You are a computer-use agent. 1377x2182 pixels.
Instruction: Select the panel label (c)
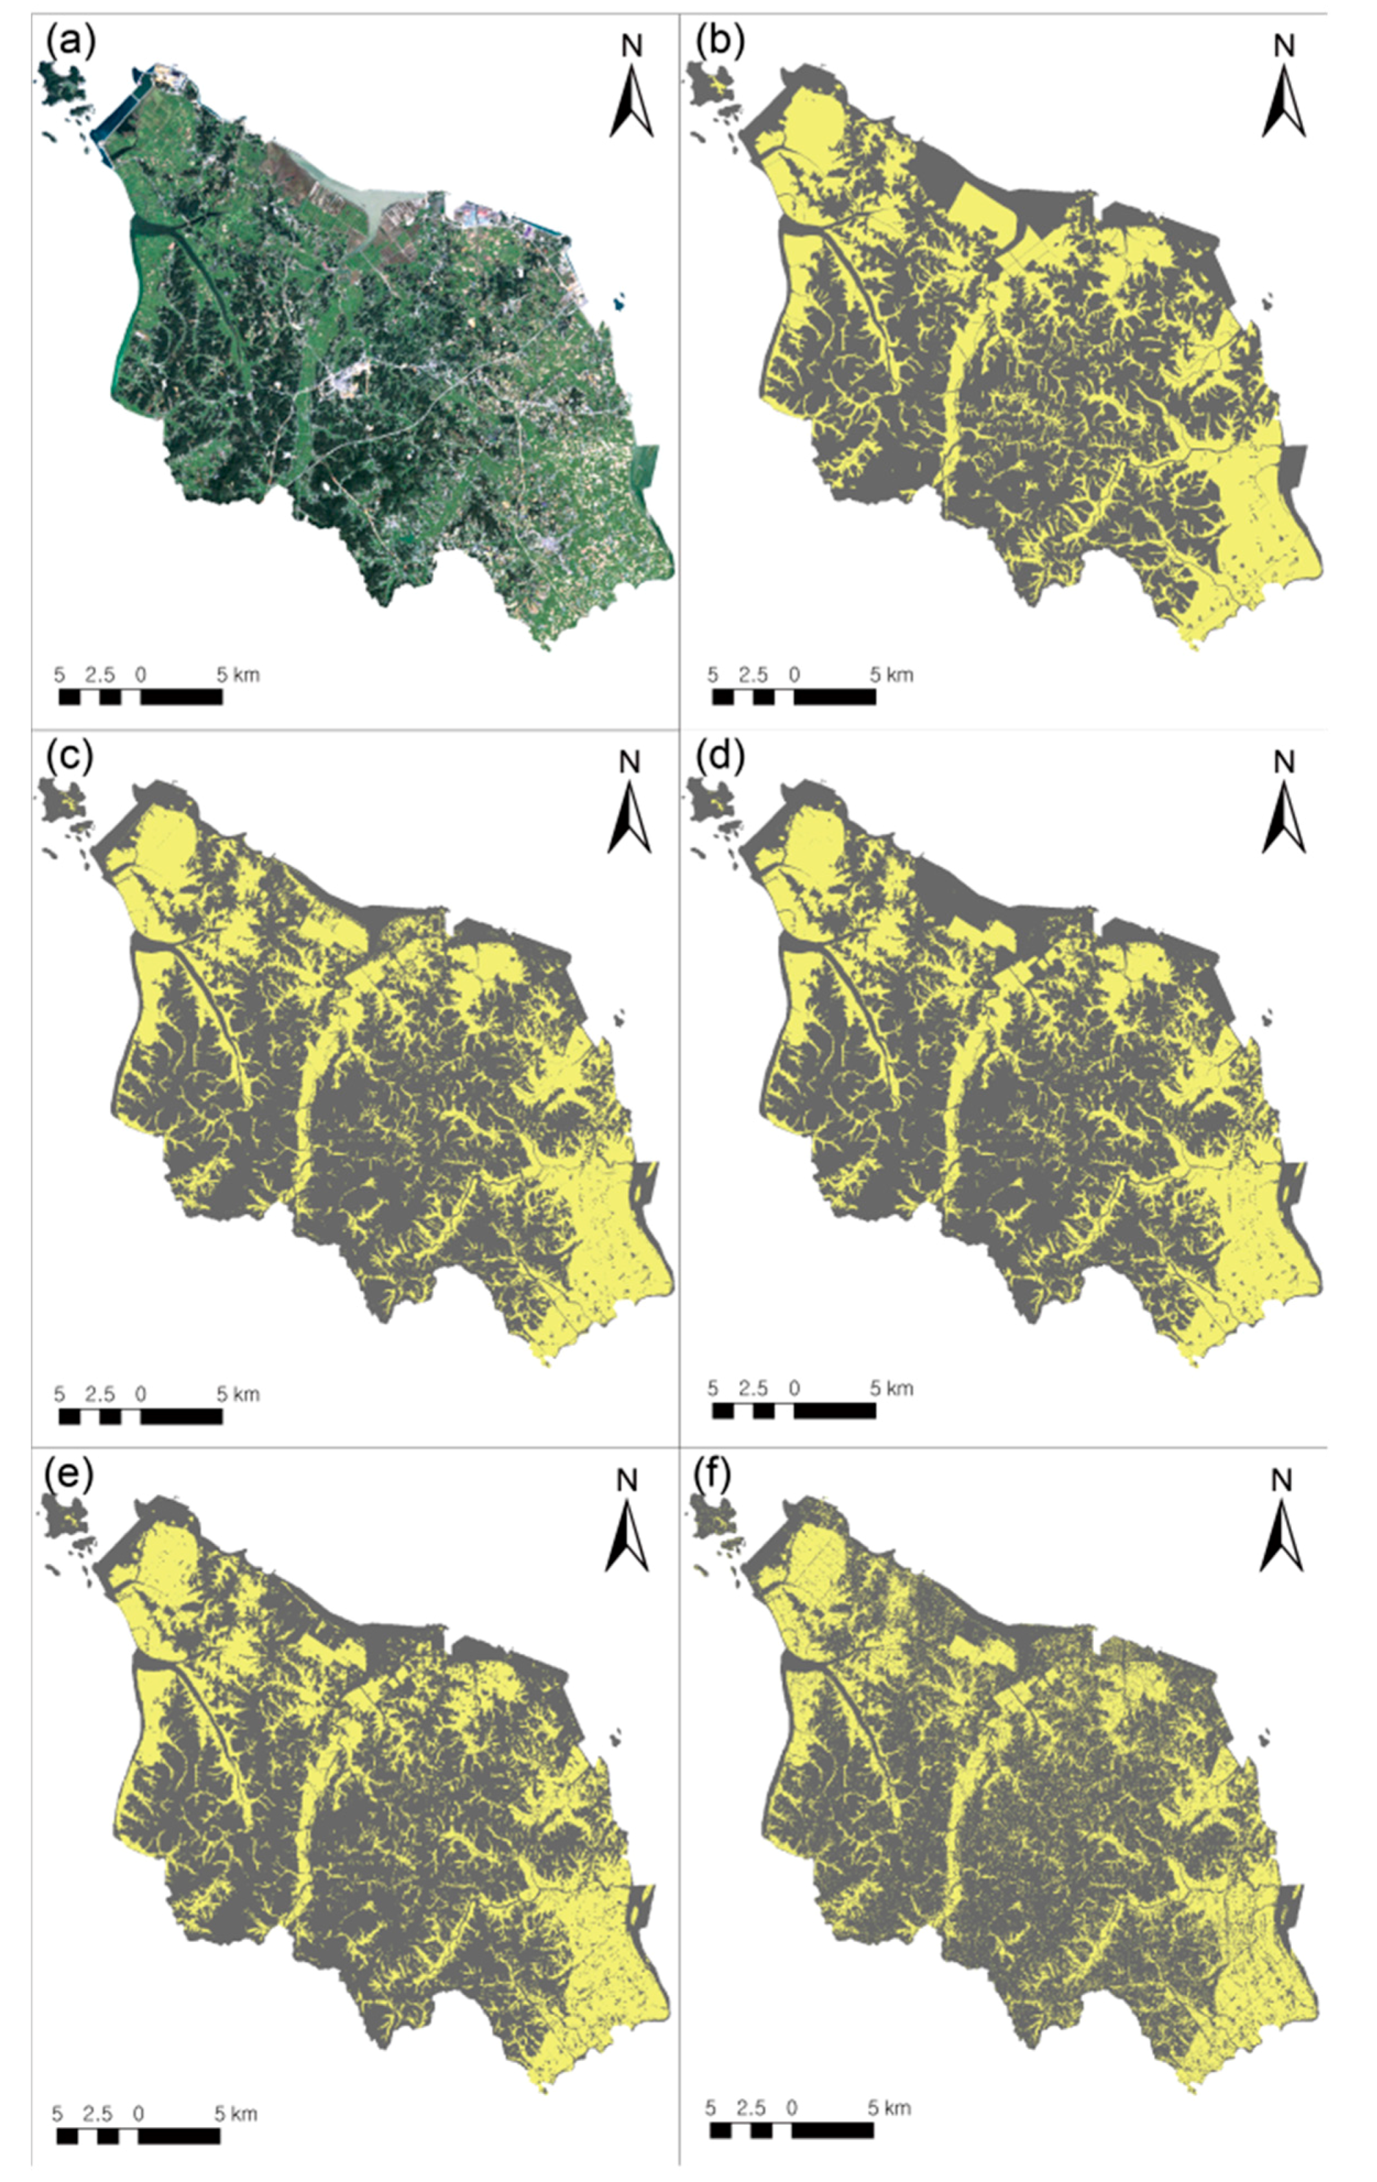click(x=68, y=756)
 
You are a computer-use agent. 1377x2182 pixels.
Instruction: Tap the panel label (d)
click(x=720, y=756)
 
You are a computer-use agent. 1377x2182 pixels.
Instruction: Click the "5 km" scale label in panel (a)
click(x=237, y=675)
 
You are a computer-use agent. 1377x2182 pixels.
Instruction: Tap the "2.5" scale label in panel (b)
click(x=753, y=675)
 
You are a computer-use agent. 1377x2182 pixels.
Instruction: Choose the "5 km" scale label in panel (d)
click(x=892, y=1387)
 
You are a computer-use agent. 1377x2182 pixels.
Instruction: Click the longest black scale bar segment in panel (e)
click(x=179, y=2136)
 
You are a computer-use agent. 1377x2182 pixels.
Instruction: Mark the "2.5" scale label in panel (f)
click(x=751, y=2108)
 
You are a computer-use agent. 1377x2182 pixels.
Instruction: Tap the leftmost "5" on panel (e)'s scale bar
click(x=57, y=2114)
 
